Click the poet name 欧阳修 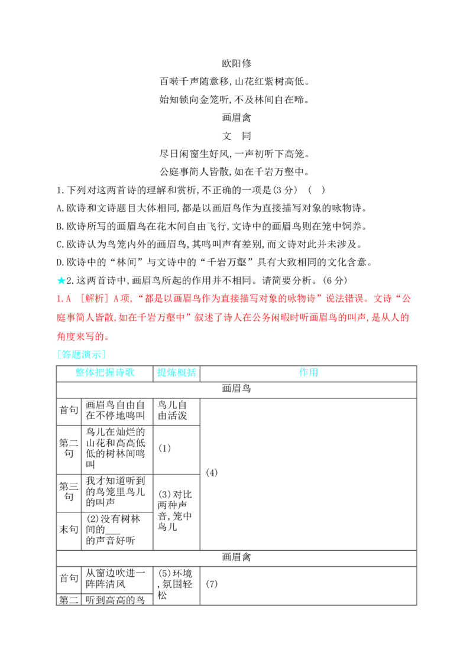(237, 63)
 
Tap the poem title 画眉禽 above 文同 (237, 118)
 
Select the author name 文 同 (237, 136)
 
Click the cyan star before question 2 (61, 280)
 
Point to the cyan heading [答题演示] (81, 354)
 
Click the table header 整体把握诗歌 (105, 372)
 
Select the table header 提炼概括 (176, 372)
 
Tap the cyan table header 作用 (309, 372)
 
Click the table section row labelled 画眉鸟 (237, 388)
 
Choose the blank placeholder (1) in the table (164, 448)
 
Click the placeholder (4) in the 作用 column (212, 472)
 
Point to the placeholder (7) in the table (212, 584)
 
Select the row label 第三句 (69, 492)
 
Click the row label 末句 (69, 530)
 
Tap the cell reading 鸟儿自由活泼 (173, 410)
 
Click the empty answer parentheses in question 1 (316, 190)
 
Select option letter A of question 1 (60, 208)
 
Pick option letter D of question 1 (60, 262)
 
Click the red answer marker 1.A (64, 298)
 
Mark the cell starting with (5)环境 (175, 584)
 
